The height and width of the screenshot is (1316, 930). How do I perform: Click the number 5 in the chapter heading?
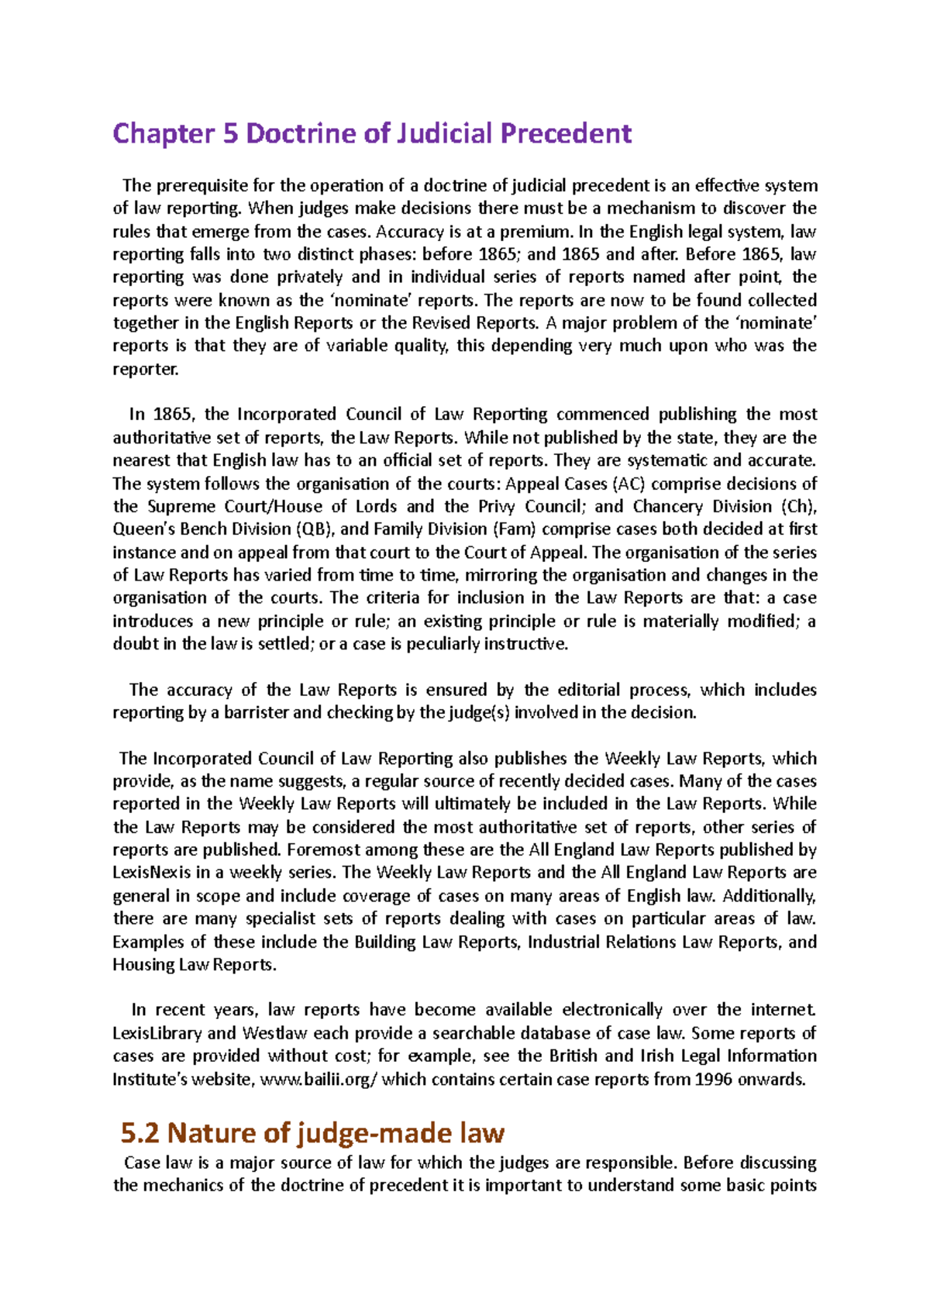pos(230,134)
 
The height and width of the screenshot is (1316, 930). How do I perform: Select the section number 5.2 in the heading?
pos(140,1133)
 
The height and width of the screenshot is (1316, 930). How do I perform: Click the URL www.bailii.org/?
pos(319,1079)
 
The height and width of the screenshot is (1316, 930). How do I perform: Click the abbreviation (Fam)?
pos(515,529)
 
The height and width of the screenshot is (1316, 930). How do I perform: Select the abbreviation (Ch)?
pos(799,507)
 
